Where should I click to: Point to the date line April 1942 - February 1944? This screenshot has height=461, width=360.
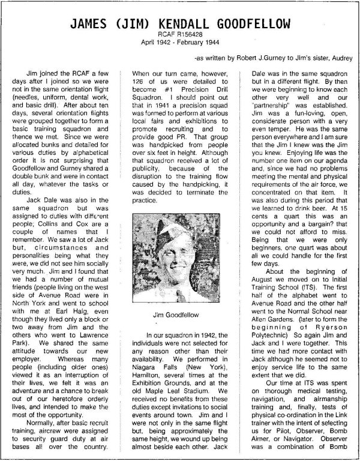[180, 44]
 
